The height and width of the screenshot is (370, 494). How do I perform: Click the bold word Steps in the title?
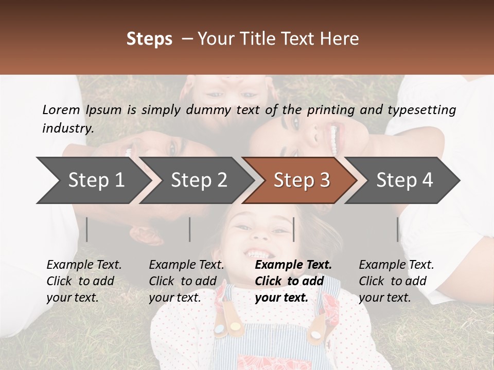(149, 39)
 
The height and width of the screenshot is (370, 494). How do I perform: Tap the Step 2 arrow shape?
(199, 180)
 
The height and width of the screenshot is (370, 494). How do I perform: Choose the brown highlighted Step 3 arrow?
(302, 180)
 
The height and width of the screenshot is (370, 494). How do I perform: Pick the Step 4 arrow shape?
(404, 180)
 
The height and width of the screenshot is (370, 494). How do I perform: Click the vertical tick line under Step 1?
(87, 229)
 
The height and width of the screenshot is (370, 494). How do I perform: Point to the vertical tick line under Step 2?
(190, 229)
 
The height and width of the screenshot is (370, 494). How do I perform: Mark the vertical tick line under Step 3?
(293, 229)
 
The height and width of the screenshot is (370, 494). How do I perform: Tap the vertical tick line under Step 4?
(397, 229)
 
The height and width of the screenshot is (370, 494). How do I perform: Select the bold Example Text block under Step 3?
(293, 281)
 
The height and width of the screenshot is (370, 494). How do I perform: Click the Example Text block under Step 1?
(84, 281)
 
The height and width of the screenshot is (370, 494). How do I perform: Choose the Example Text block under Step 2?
(186, 281)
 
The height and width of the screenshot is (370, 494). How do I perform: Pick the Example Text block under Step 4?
(396, 281)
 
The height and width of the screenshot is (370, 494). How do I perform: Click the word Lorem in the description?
(61, 109)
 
